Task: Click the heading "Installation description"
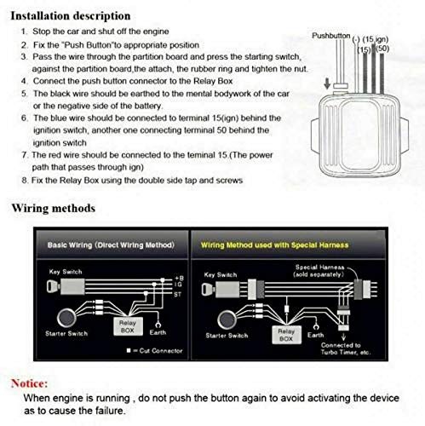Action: click(70, 15)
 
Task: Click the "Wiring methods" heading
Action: click(53, 209)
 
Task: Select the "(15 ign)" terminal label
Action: click(376, 39)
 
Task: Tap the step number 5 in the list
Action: click(21, 91)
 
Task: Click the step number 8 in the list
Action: click(21, 180)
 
